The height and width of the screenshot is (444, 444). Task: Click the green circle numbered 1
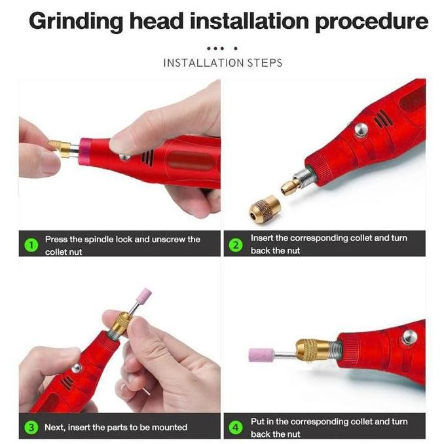[31, 245]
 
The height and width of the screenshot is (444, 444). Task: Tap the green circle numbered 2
[236, 245]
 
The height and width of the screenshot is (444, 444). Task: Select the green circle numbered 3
[31, 427]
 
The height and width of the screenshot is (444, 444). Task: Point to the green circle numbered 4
[236, 427]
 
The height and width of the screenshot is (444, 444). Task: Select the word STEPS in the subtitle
[265, 63]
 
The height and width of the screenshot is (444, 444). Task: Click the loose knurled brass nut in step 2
[264, 209]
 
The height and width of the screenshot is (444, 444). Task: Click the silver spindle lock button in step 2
[361, 130]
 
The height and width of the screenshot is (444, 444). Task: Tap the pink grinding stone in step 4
[261, 355]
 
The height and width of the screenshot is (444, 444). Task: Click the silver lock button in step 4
[409, 337]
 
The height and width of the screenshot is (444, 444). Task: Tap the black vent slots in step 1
[148, 157]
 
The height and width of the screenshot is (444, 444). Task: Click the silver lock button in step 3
[77, 368]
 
